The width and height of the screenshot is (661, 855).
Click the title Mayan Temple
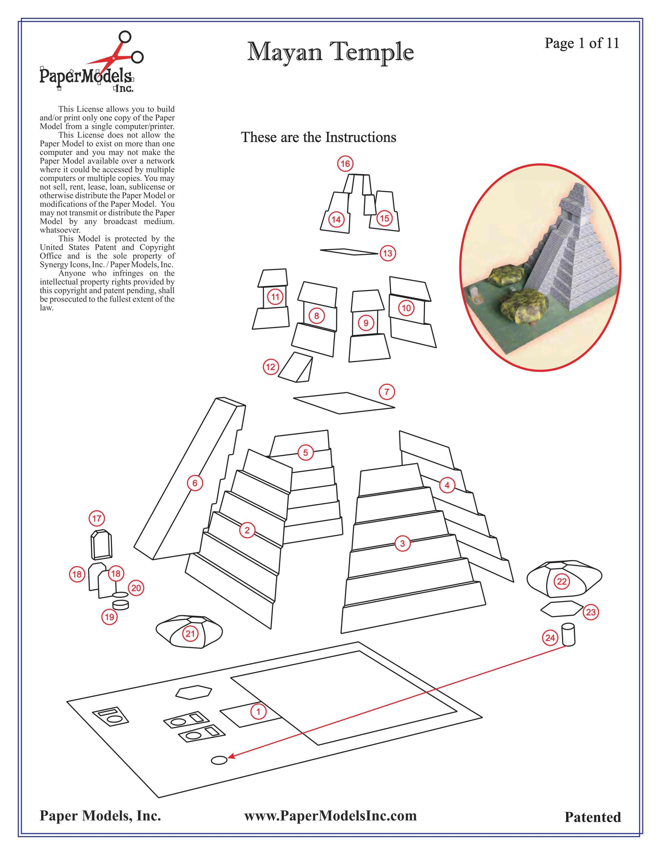pos(330,52)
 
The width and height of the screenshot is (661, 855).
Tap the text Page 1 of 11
pos(582,43)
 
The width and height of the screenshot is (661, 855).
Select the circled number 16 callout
pos(345,164)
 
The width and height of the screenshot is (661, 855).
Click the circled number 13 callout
pos(387,253)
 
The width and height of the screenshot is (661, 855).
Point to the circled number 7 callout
pos(386,391)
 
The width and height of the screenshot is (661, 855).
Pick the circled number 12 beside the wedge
pos(270,367)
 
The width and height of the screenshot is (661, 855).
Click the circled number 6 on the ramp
pos(195,483)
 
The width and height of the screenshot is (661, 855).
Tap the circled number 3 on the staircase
pos(402,543)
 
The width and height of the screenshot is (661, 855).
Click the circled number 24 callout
pos(550,638)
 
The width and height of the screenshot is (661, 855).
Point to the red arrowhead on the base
pos(231,757)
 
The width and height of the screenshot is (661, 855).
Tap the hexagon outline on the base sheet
pos(193,692)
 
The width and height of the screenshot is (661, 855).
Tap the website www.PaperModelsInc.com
pos(330,816)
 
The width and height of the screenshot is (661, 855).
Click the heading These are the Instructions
pos(318,137)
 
